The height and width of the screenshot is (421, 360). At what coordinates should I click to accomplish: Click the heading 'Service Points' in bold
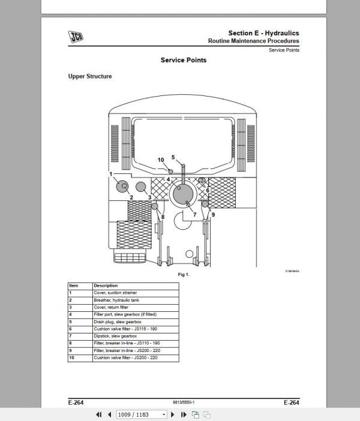[x=184, y=60]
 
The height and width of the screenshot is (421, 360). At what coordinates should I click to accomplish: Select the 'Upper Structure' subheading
[x=89, y=77]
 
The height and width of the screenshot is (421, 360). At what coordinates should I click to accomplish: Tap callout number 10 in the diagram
[x=161, y=160]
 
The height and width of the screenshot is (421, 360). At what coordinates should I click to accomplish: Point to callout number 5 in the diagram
[x=173, y=157]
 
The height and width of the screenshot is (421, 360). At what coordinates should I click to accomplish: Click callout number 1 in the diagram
[x=111, y=174]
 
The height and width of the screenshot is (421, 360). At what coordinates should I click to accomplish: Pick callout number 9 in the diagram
[x=213, y=214]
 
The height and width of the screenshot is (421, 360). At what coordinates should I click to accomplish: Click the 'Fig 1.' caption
[x=184, y=274]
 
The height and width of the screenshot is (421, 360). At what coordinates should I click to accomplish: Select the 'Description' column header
[x=106, y=285]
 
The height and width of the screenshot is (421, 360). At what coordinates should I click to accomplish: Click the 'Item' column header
[x=74, y=285]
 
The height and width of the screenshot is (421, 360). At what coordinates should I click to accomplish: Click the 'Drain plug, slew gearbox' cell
[x=116, y=321]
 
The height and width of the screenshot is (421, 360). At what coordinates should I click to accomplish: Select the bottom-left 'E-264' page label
[x=76, y=402]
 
